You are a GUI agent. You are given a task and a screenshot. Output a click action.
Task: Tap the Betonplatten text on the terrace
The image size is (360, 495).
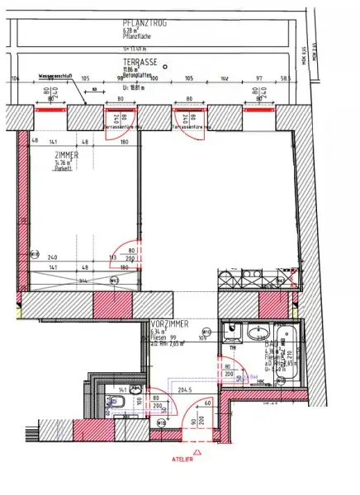tap(135, 75)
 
